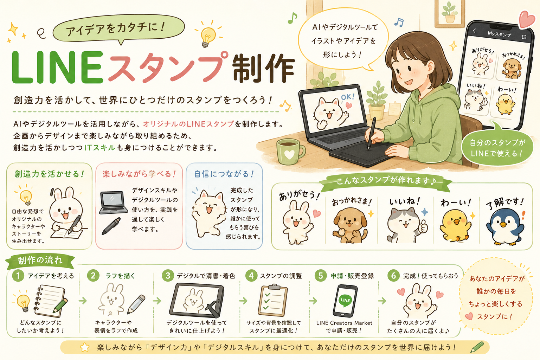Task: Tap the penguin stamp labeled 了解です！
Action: click(505, 227)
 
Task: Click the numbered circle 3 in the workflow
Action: click(168, 275)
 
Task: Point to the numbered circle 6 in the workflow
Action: click(393, 275)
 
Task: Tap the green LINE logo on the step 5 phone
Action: click(345, 300)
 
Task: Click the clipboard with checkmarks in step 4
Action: click(272, 300)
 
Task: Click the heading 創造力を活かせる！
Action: click(49, 174)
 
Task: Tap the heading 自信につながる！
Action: click(224, 174)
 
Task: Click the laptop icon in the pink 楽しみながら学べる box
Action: click(113, 202)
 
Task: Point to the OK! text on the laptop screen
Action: click(348, 97)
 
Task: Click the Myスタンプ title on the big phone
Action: click(499, 34)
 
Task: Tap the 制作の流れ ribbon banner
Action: click(40, 261)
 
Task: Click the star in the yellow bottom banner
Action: click(85, 347)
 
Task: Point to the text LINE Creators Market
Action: click(344, 323)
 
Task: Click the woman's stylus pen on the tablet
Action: click(372, 134)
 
